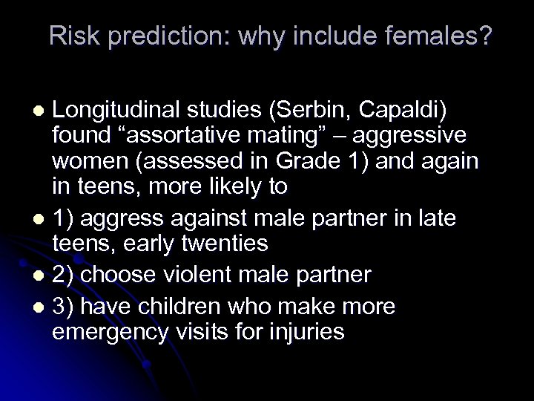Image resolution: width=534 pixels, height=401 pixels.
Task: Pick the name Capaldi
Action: coord(403,109)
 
